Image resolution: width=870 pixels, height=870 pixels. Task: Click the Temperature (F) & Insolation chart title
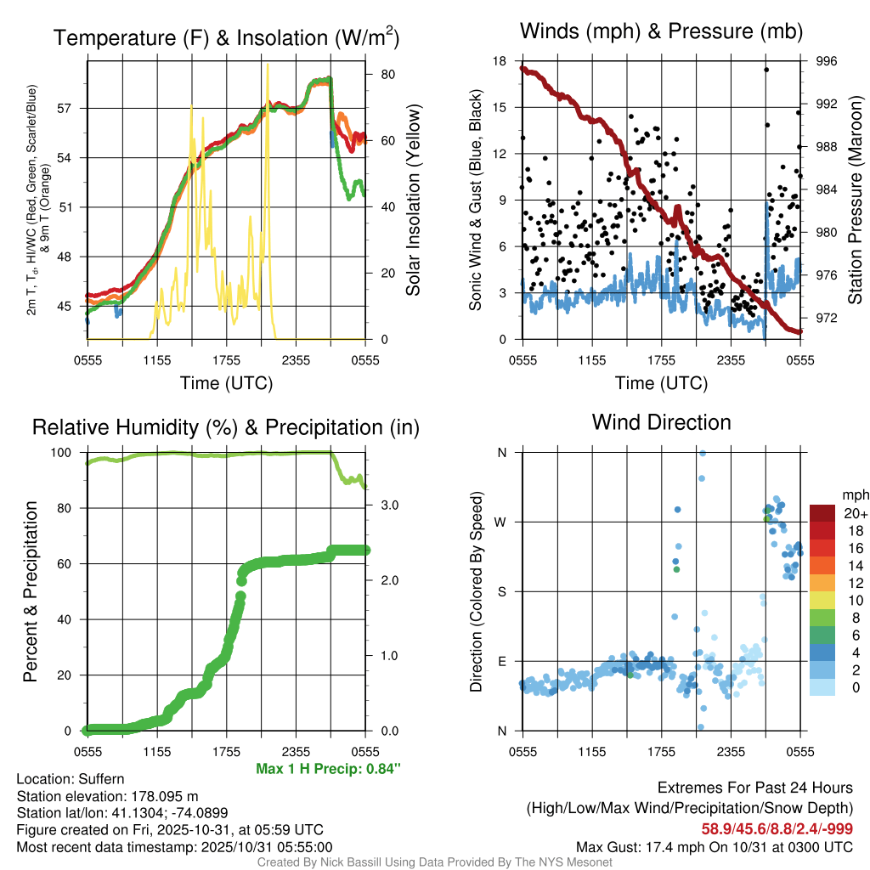click(226, 37)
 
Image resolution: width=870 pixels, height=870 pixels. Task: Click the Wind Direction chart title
click(661, 421)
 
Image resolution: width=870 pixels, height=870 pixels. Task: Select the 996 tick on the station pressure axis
click(827, 61)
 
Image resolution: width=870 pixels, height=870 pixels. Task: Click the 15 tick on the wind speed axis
click(501, 107)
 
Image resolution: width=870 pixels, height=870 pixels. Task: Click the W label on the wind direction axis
click(501, 522)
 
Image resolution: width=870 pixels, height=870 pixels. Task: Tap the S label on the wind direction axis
click(502, 591)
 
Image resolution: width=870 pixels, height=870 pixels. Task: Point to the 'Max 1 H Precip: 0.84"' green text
click(328, 769)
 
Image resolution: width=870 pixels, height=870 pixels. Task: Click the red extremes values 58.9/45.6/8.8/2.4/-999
click(777, 828)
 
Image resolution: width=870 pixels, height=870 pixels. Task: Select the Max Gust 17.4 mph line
click(715, 846)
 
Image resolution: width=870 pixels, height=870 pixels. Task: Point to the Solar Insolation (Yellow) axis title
click(414, 201)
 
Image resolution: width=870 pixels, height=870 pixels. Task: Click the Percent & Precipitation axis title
click(31, 590)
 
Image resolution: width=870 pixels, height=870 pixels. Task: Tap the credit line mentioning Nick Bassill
click(434, 862)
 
